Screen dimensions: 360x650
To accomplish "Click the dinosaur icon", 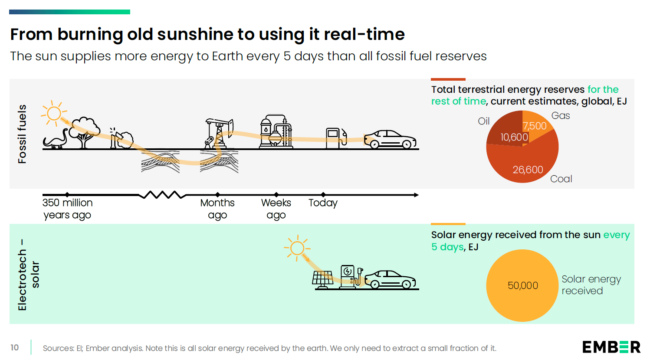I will tap(56, 139).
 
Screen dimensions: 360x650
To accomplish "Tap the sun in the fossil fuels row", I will tap(54, 114).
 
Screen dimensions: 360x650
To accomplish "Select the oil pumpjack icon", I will tap(219, 134).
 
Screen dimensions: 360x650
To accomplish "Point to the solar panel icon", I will tap(322, 280).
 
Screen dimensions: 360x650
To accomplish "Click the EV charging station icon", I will tap(349, 277).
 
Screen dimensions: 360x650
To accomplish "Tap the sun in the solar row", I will tap(297, 249).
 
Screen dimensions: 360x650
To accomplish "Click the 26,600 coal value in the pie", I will tap(528, 170).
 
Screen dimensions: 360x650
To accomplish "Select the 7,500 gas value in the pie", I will tap(535, 126).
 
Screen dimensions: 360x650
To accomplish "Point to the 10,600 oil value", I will tap(514, 137).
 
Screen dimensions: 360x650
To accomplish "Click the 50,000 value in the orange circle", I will tap(523, 285).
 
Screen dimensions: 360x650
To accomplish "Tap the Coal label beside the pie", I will tap(561, 179).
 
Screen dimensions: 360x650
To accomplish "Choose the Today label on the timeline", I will tap(323, 203).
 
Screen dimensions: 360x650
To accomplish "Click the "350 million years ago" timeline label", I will tap(68, 209).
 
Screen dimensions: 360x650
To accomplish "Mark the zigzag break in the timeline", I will tap(162, 195).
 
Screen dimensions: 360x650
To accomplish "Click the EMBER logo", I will tap(611, 347).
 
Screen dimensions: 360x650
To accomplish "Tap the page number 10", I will tap(15, 347).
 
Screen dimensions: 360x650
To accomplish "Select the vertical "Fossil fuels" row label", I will tap(22, 134).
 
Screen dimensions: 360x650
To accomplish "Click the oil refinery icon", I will tap(276, 132).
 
